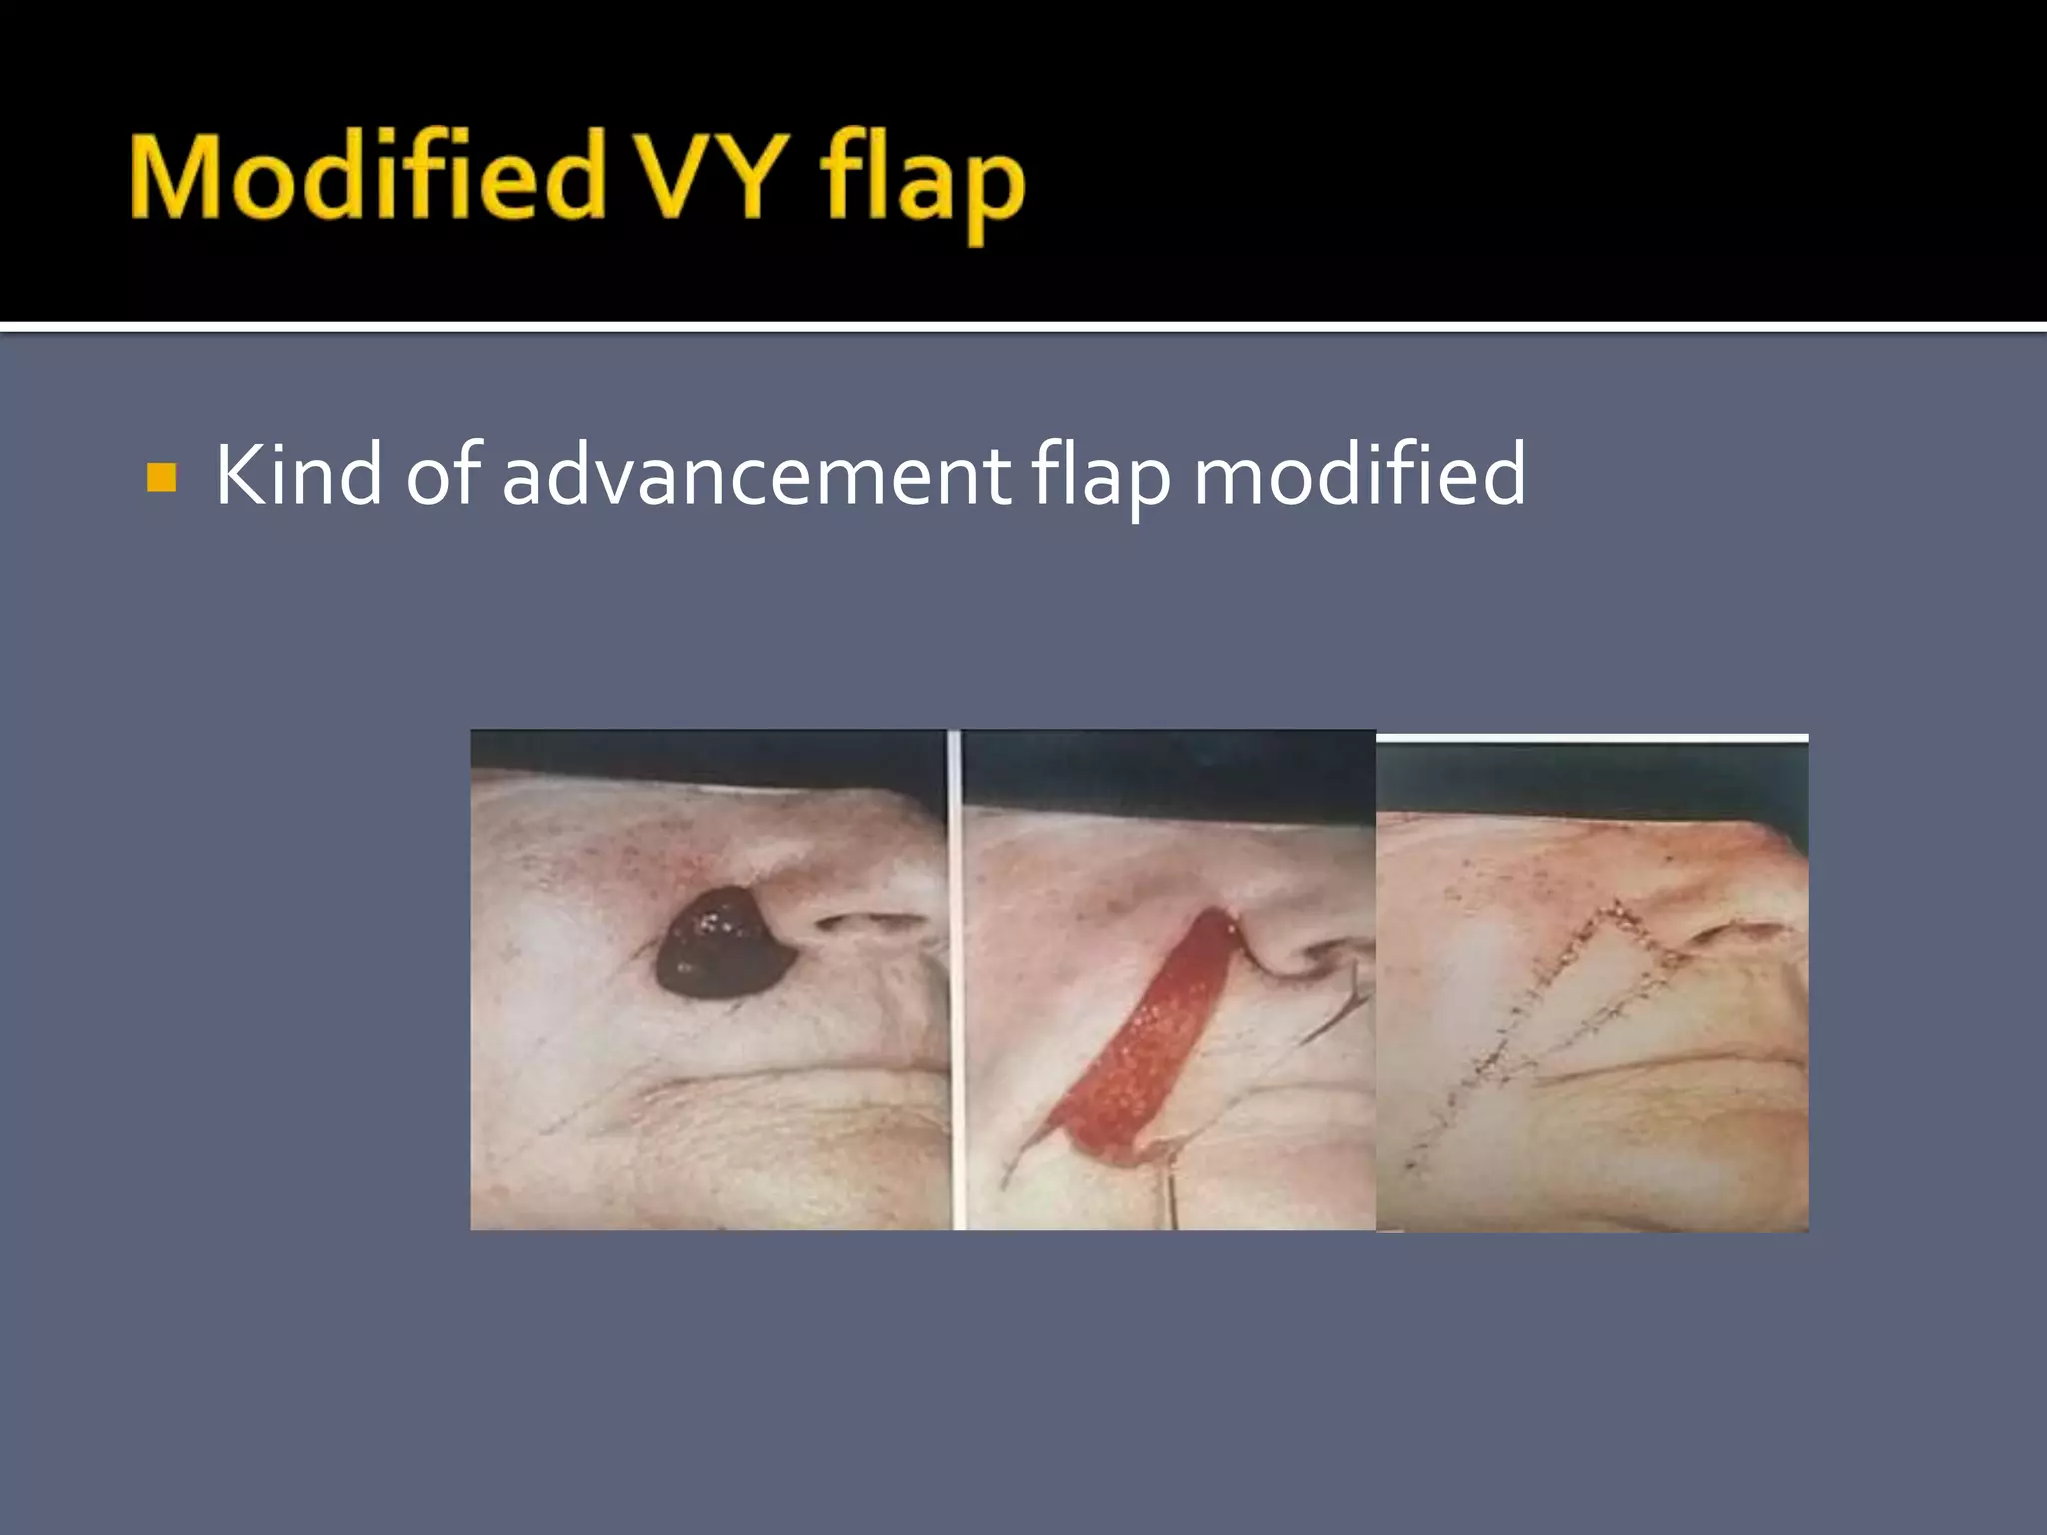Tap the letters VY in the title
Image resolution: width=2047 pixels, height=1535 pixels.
(x=711, y=178)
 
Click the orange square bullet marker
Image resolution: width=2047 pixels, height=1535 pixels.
(x=161, y=477)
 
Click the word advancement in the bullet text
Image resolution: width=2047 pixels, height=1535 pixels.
(x=756, y=477)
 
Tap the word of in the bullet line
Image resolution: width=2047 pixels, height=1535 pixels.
(x=443, y=475)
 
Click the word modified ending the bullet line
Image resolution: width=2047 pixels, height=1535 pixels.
(x=1359, y=475)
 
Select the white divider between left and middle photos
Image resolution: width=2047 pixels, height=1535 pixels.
(x=955, y=979)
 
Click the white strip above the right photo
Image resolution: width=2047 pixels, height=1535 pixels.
(x=1592, y=739)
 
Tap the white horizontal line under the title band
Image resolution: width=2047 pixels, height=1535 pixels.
(x=1023, y=326)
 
